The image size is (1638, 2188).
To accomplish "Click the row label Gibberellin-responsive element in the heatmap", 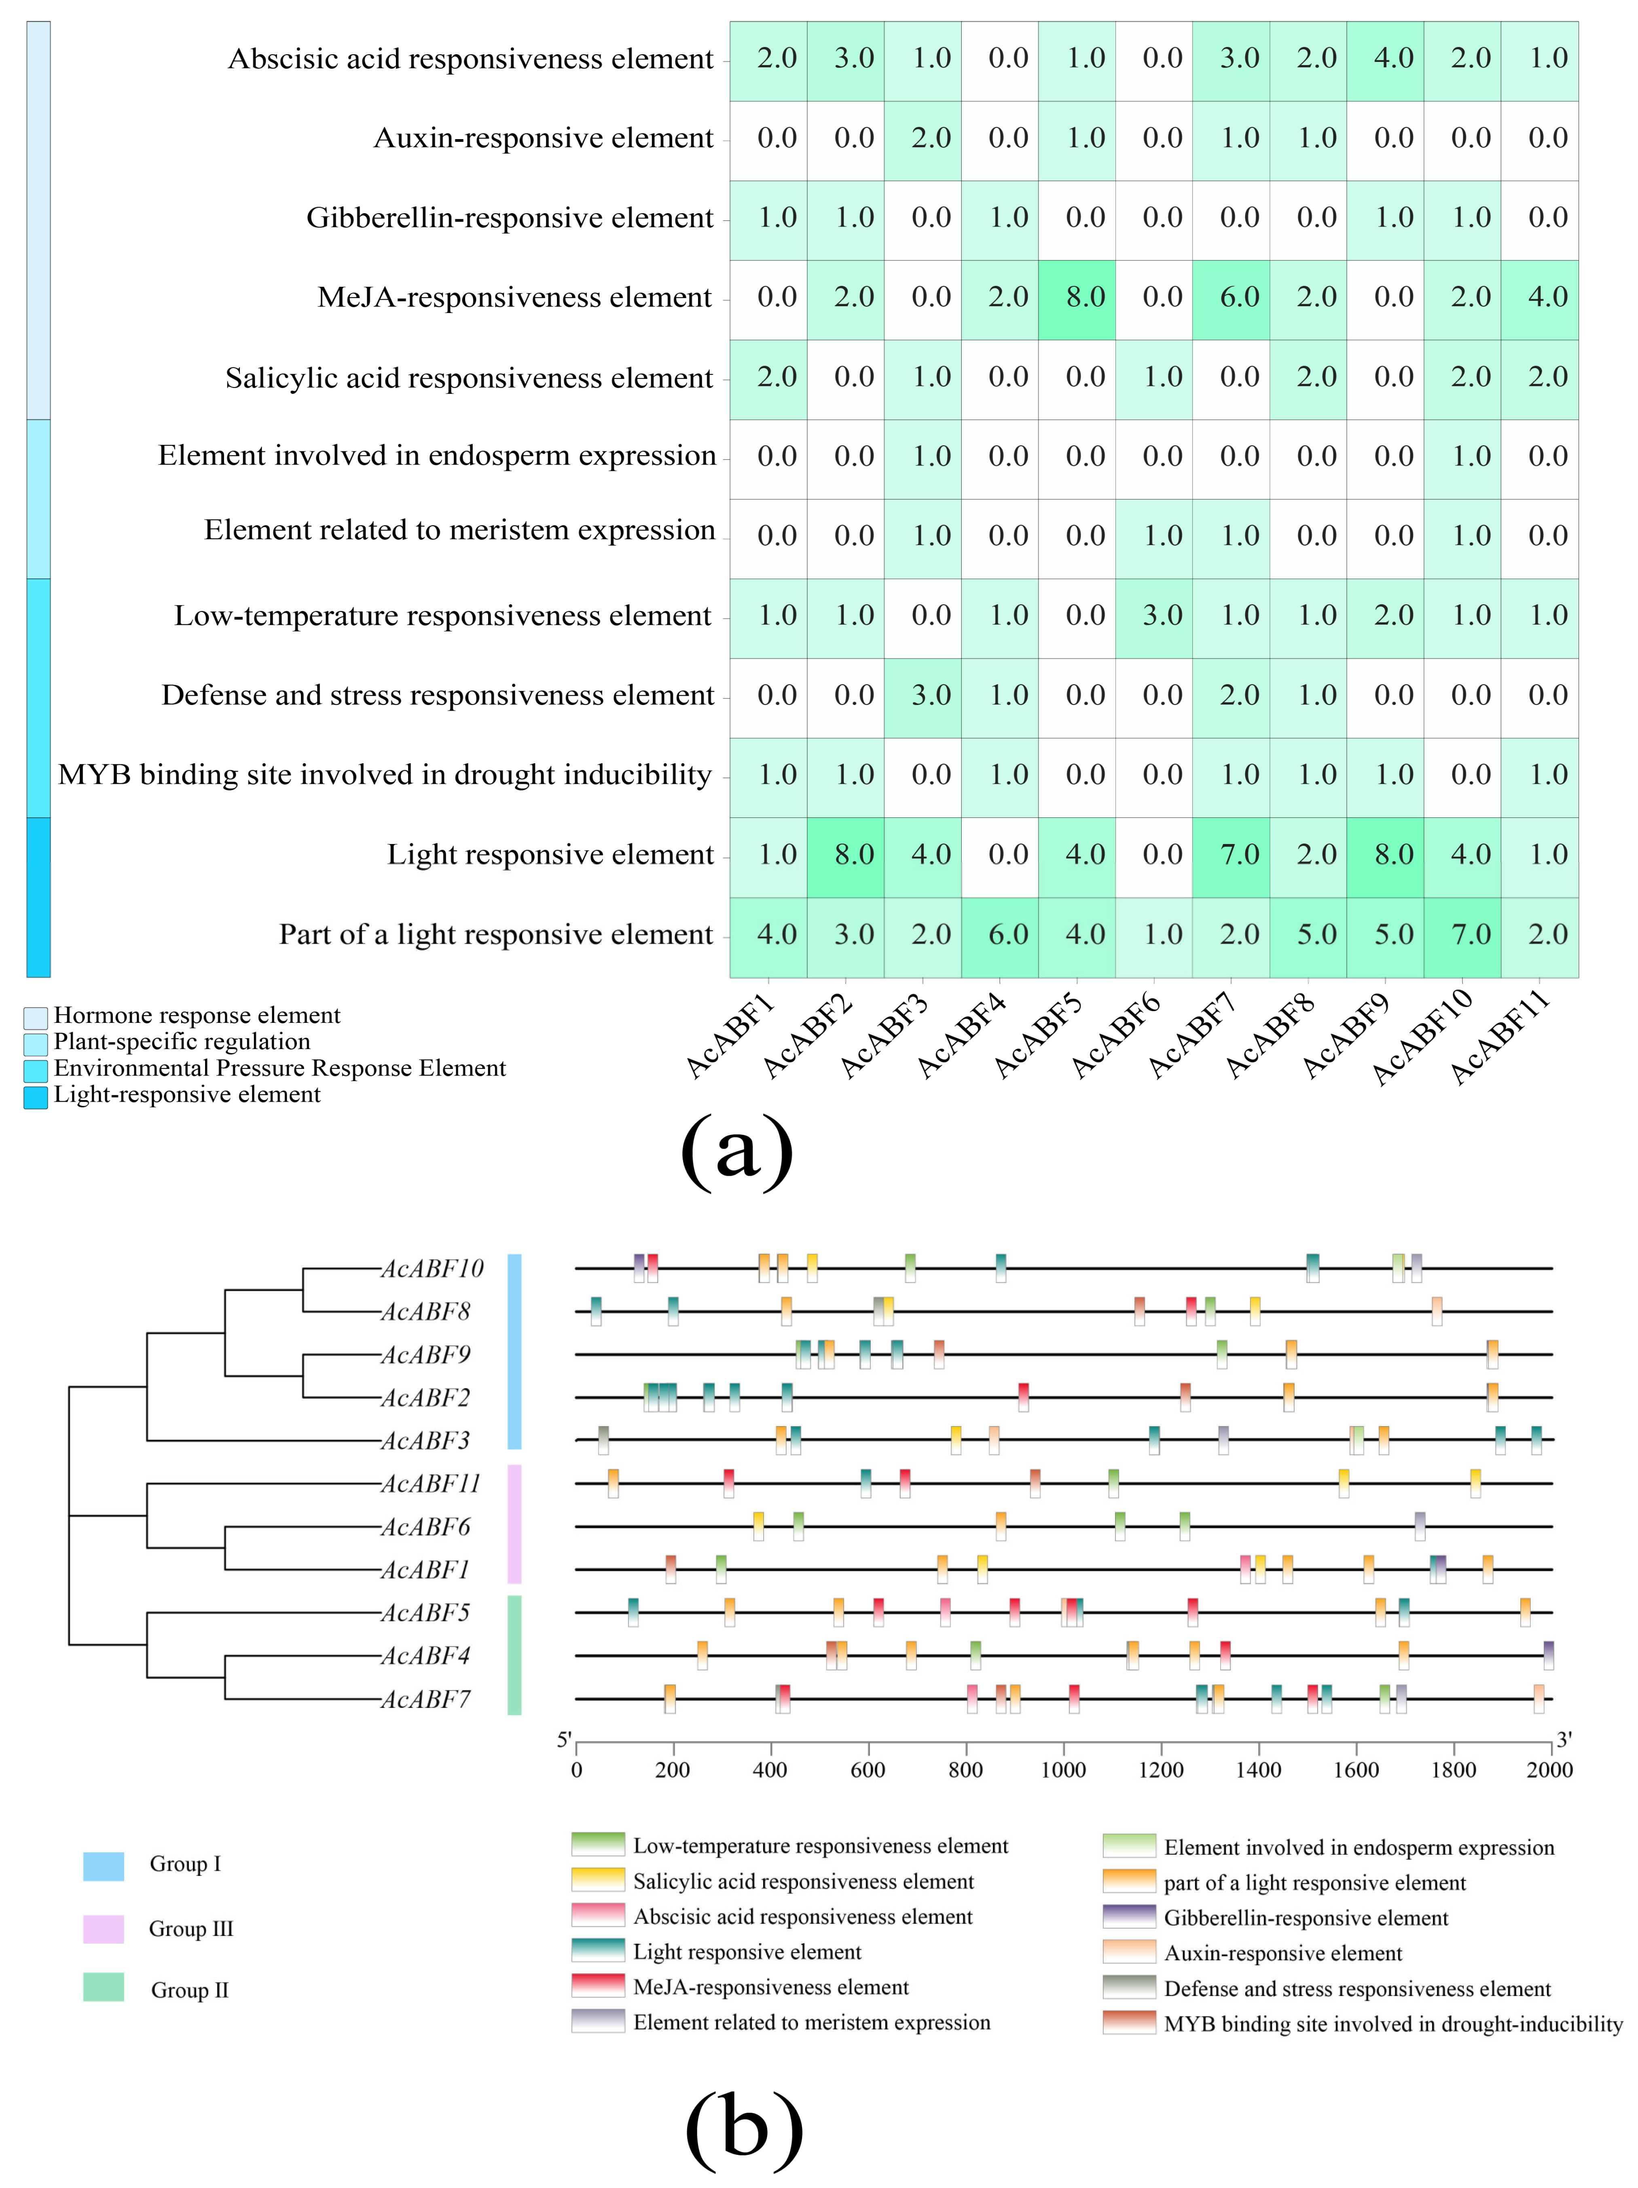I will [510, 218].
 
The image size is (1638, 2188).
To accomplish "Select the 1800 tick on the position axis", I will [1452, 1769].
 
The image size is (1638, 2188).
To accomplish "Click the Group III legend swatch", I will [103, 1929].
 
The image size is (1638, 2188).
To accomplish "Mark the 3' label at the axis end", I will [1564, 1739].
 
